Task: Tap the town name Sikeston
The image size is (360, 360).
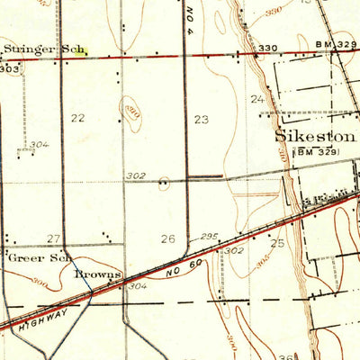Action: pos(315,138)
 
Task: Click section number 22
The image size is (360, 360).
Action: pos(78,118)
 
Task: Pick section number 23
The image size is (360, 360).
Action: pos(201,118)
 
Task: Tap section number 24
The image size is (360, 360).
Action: pos(258,99)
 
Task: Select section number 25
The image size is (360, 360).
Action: pos(277,244)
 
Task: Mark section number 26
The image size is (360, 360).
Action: pos(167,238)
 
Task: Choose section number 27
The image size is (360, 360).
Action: pos(54,238)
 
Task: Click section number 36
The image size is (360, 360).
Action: pos(285,355)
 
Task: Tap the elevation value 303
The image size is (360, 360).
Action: pos(10,67)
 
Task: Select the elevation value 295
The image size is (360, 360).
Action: pos(210,236)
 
